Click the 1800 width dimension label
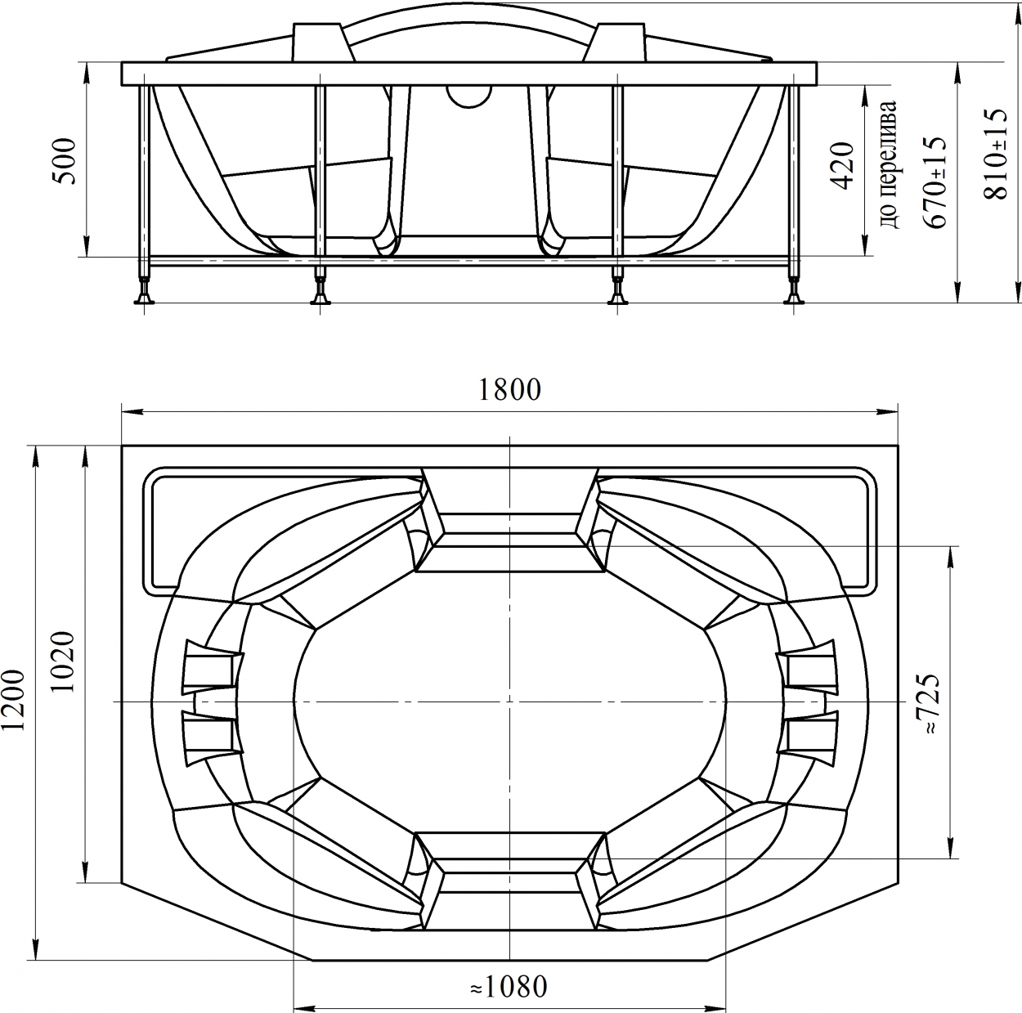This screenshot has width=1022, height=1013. coord(509,390)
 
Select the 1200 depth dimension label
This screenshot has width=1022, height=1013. coord(14,700)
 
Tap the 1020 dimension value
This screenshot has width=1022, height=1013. coord(65,662)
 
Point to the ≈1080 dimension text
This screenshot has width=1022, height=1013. coord(508,972)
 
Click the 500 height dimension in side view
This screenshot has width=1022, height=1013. coord(65,161)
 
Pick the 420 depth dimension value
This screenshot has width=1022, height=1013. coord(843,166)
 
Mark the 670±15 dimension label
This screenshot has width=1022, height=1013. coord(935,182)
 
